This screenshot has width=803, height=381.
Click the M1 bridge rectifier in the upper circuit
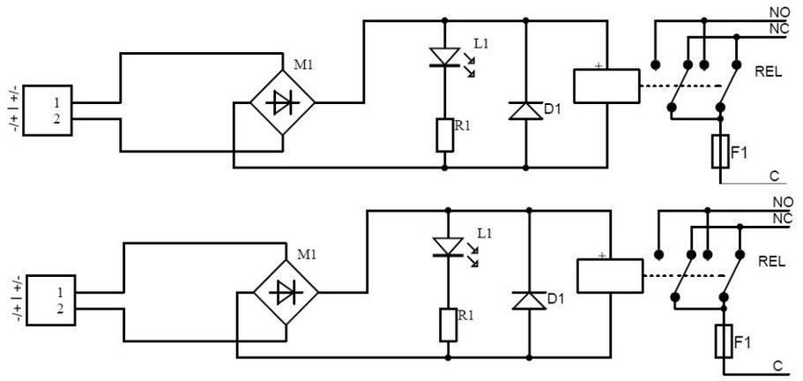[x=283, y=103]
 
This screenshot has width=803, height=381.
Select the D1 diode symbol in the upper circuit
[x=525, y=110]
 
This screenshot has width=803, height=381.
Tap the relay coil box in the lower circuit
[x=608, y=275]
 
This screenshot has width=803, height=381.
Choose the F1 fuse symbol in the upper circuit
[x=720, y=151]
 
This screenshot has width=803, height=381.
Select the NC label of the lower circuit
[x=782, y=218]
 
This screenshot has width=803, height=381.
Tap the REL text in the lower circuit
[x=772, y=262]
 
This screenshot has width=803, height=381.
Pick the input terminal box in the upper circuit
[x=48, y=110]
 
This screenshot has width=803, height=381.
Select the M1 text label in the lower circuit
[x=307, y=254]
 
